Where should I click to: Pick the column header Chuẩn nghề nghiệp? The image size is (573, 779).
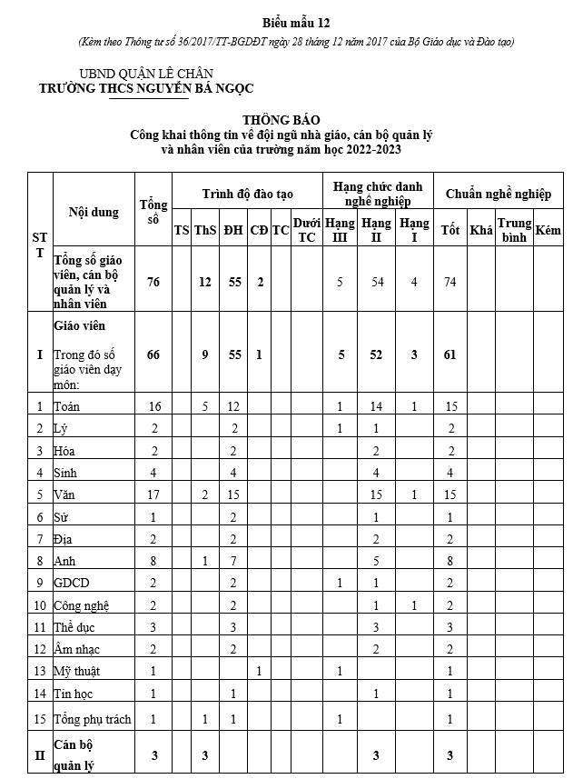499,194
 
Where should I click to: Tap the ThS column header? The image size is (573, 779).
205,230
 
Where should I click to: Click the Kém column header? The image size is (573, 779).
548,230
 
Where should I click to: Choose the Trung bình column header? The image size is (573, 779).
514,230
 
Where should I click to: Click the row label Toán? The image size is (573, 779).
67,405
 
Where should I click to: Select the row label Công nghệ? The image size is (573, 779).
84,605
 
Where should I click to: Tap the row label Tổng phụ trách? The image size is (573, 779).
93,719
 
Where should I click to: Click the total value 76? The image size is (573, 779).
153,282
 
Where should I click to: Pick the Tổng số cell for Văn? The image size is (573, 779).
153,494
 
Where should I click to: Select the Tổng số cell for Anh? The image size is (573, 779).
153,561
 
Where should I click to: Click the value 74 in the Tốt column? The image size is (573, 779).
449,282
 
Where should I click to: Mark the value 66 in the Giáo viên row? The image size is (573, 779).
153,355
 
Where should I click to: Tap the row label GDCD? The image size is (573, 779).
72,583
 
